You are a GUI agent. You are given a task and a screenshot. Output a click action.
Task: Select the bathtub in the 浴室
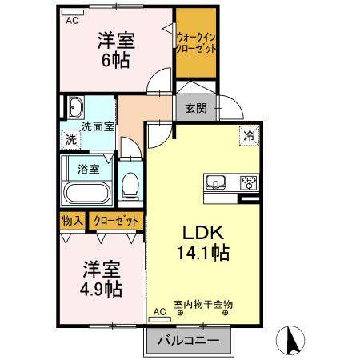89,193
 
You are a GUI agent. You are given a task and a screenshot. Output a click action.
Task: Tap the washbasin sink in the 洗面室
77,108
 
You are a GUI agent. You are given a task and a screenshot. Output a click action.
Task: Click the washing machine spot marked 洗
71,138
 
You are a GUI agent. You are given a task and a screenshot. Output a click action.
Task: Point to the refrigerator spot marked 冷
249,136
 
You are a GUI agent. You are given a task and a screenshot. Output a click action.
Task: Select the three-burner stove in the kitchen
249,182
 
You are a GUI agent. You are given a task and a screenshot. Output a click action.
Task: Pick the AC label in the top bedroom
73,21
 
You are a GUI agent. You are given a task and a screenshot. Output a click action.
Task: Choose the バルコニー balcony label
187,340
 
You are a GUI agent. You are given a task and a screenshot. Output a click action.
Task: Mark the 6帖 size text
116,58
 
